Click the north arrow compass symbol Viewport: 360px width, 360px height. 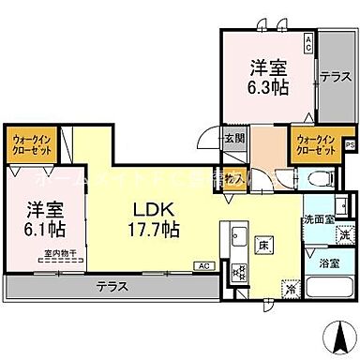tap(336, 333)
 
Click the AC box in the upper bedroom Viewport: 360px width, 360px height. tap(308, 42)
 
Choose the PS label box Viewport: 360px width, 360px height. tap(351, 144)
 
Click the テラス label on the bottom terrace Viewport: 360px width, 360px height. tap(113, 288)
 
